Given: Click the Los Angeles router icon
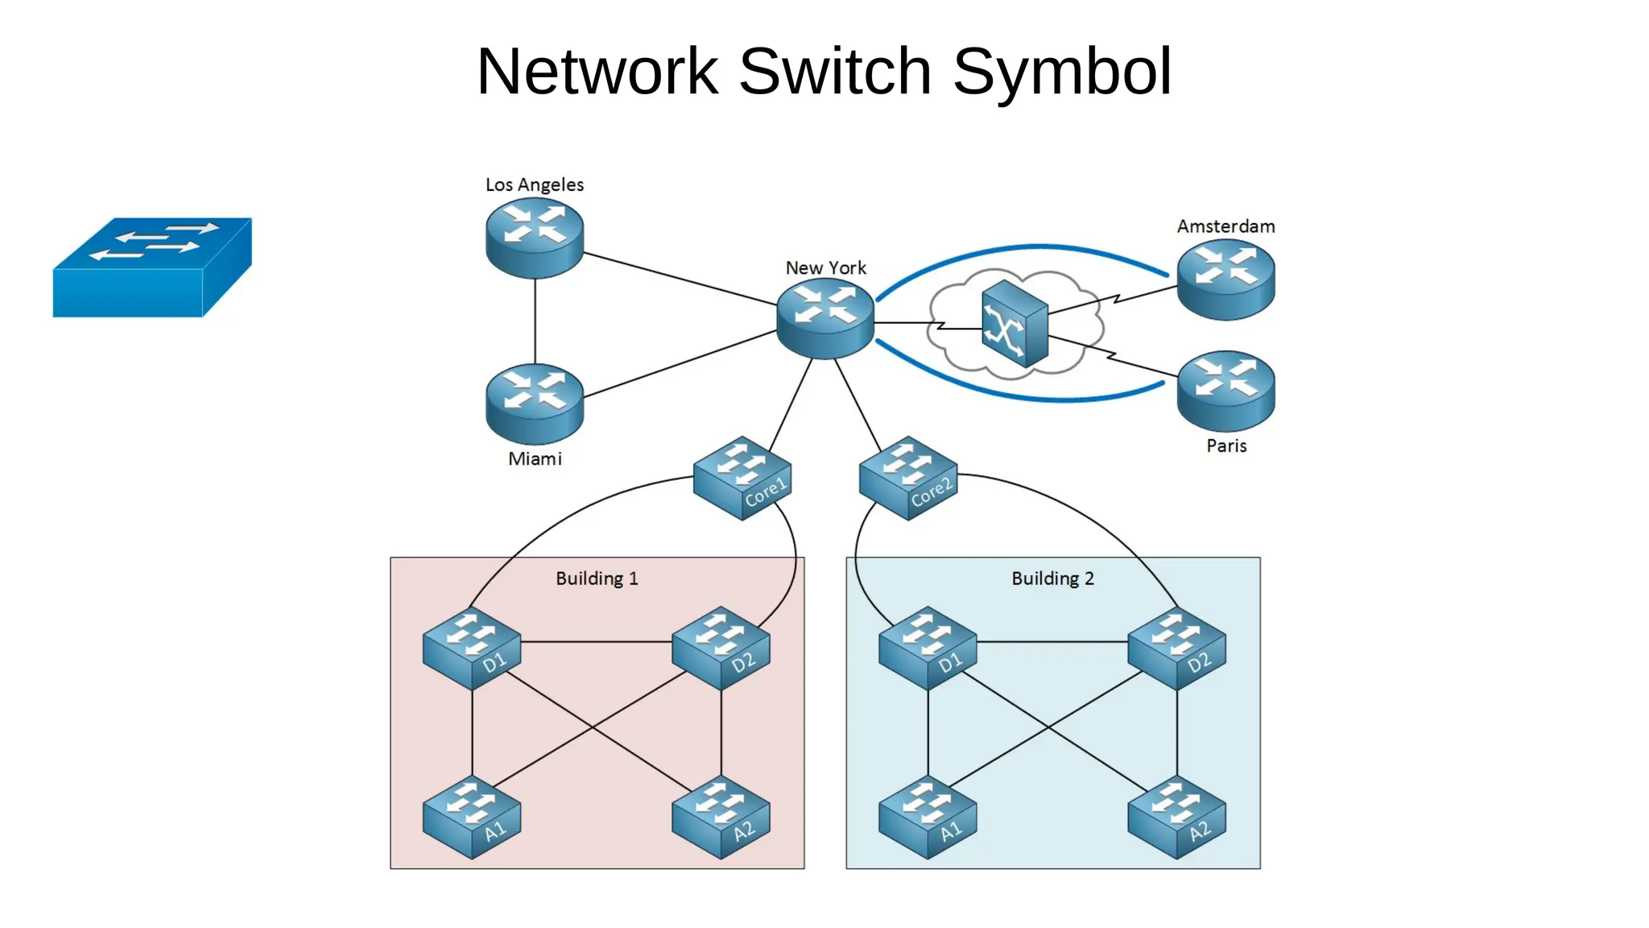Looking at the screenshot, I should pyautogui.click(x=535, y=238).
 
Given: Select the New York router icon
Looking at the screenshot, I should pyautogui.click(x=825, y=318).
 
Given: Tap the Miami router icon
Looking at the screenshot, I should pyautogui.click(x=535, y=404).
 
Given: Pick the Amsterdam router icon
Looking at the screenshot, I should pyautogui.click(x=1225, y=280).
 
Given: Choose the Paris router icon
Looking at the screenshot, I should pyautogui.click(x=1225, y=391).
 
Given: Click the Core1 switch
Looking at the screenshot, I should pyautogui.click(x=742, y=478).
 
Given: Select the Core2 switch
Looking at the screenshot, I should pyautogui.click(x=908, y=478).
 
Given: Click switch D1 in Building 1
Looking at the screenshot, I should pyautogui.click(x=472, y=648).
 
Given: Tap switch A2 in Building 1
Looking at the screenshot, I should pyautogui.click(x=721, y=817).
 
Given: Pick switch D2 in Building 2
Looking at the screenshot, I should pyautogui.click(x=1177, y=648).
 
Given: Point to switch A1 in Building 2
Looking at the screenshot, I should pyautogui.click(x=928, y=817).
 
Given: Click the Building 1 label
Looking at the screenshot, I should pyautogui.click(x=597, y=578).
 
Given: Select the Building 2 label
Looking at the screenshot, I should pyautogui.click(x=1052, y=578).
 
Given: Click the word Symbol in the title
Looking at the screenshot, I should pyautogui.click(x=1062, y=72).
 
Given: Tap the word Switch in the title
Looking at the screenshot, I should pyautogui.click(x=835, y=72).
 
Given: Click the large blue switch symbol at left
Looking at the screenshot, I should pyautogui.click(x=151, y=267).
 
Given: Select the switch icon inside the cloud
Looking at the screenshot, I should pyautogui.click(x=1015, y=324).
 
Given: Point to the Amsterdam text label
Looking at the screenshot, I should pyautogui.click(x=1225, y=226).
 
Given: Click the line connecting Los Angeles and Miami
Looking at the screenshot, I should pyautogui.click(x=535, y=322).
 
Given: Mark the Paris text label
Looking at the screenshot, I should pyautogui.click(x=1226, y=445).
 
